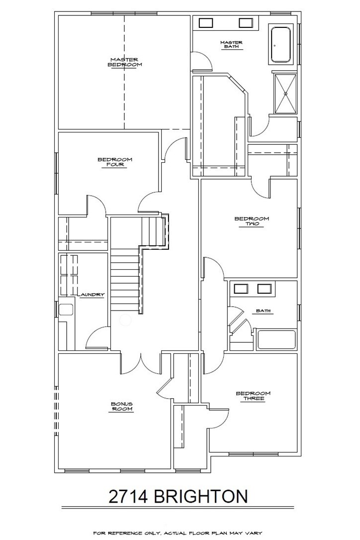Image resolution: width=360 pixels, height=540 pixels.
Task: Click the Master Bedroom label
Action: [x=125, y=62]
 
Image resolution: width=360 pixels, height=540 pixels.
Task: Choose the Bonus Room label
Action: [x=122, y=407]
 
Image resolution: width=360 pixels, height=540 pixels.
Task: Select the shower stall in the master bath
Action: [x=285, y=93]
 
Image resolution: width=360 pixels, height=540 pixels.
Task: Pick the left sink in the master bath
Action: [x=206, y=23]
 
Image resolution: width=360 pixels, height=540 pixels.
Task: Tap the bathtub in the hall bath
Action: [x=276, y=340]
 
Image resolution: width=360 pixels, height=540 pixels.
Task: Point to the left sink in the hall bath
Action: [x=241, y=289]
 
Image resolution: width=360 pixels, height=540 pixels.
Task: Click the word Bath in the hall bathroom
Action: [x=264, y=311]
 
